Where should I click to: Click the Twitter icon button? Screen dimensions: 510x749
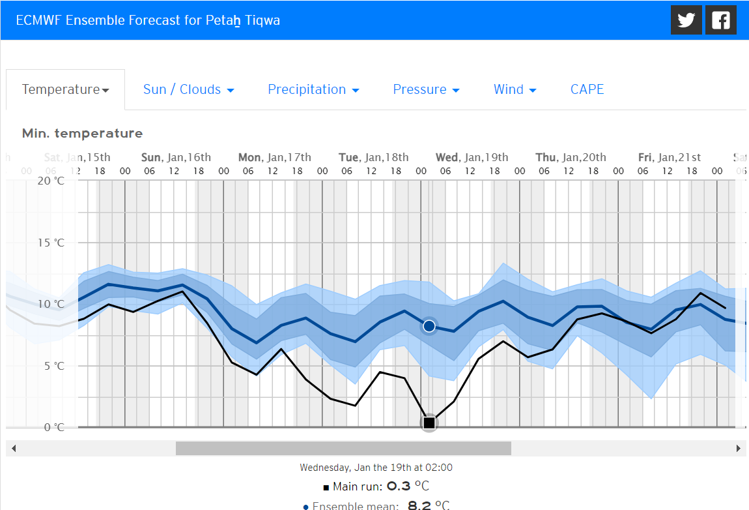click(x=686, y=20)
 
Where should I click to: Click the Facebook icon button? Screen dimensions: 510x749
click(x=721, y=20)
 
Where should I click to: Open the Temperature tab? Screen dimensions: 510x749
click(x=65, y=89)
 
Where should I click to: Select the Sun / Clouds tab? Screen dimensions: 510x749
click(x=188, y=89)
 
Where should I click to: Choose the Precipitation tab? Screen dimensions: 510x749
click(x=313, y=89)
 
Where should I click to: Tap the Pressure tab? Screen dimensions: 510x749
click(x=426, y=89)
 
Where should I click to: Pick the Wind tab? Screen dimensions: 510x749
click(x=515, y=89)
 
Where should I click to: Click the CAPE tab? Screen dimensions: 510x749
click(x=587, y=89)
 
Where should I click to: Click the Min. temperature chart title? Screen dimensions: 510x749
click(x=82, y=134)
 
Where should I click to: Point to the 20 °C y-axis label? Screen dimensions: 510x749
click(x=51, y=181)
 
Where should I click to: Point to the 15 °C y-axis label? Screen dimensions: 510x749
click(x=51, y=243)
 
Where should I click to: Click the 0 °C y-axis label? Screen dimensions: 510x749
click(x=51, y=428)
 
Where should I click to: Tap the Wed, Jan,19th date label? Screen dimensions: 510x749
click(x=472, y=157)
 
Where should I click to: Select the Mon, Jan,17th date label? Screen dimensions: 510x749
click(x=274, y=157)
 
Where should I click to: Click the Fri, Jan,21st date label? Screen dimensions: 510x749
click(x=669, y=157)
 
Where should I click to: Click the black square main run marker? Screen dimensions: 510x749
click(x=429, y=423)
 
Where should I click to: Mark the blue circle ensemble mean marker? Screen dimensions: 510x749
click(x=429, y=325)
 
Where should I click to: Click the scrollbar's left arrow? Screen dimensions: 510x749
click(x=13, y=449)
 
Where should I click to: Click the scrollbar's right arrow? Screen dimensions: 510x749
click(x=738, y=449)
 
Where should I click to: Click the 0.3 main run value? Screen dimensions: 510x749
click(x=399, y=487)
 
